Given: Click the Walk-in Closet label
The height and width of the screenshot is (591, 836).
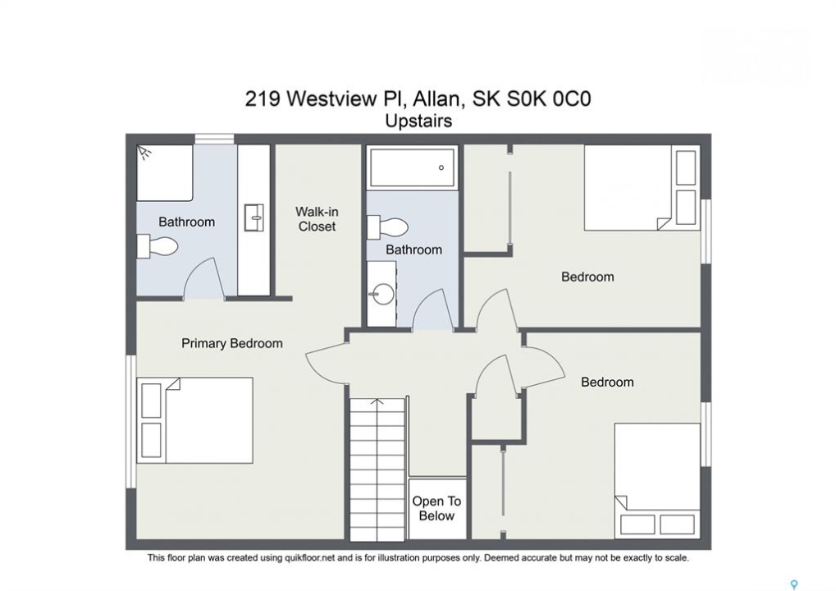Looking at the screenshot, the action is [x=317, y=219].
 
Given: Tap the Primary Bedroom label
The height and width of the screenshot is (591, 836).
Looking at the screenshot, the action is [x=232, y=343].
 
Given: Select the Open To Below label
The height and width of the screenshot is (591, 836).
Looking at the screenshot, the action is [x=436, y=508].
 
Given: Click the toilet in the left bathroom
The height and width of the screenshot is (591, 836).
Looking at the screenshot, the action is [x=157, y=246].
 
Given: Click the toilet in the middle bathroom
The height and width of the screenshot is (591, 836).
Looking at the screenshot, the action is [x=387, y=227].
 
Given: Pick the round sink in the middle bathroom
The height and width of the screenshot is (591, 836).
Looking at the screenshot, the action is [x=383, y=293].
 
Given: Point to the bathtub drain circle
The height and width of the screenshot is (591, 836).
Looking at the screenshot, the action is [x=441, y=167].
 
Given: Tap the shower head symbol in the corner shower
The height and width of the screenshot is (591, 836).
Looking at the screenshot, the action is [x=144, y=153].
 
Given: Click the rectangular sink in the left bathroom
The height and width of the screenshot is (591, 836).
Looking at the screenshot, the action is [x=254, y=218].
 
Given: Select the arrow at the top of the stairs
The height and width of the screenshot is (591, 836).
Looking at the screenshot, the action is [x=377, y=401].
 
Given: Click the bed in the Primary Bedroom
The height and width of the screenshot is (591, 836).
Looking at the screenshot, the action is [x=194, y=420].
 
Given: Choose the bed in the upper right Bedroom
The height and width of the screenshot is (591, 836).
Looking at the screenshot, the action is [x=642, y=188].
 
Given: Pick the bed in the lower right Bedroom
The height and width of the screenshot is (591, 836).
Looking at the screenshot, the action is [x=657, y=481].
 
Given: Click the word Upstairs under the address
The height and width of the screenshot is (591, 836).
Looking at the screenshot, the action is [x=418, y=121].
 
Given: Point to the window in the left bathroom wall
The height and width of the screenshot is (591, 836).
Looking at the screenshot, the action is [x=214, y=140].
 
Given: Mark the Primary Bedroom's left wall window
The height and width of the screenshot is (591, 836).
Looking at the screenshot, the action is [x=130, y=421].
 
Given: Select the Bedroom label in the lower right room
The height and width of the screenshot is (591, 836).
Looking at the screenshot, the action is [x=607, y=382].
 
